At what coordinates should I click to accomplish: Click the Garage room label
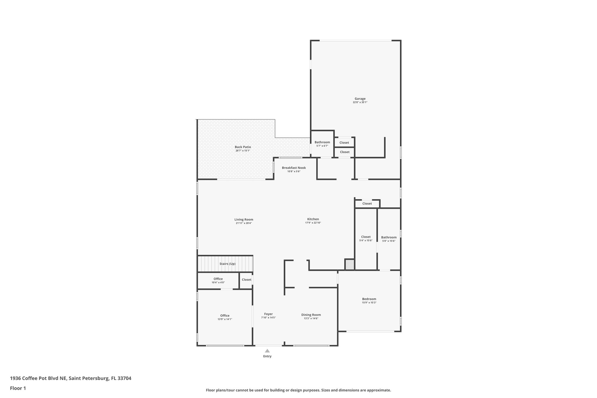click(360, 99)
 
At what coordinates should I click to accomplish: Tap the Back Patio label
click(243, 147)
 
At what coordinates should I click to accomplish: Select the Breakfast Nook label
click(294, 168)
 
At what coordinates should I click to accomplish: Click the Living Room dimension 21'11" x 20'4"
click(244, 223)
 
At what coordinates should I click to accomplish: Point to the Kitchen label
click(313, 219)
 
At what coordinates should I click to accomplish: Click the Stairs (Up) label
click(227, 264)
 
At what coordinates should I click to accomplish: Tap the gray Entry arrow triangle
click(267, 351)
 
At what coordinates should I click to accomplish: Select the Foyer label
click(268, 314)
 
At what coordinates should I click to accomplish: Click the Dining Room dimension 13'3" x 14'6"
click(311, 318)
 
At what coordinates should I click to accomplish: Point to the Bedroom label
click(369, 299)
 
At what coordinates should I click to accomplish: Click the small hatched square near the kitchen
click(349, 264)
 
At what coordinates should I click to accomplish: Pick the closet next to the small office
click(246, 280)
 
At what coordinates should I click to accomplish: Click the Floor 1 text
click(18, 388)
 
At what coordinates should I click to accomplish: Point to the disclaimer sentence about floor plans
click(298, 390)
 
